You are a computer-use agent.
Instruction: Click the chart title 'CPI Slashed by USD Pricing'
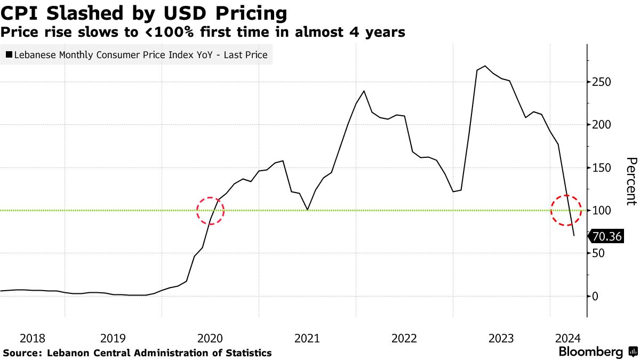point(143,12)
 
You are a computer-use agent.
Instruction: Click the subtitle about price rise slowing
point(203,33)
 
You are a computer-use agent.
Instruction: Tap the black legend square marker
point(9,54)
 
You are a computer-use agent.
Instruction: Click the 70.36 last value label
point(606,236)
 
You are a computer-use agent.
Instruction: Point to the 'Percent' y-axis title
point(631,181)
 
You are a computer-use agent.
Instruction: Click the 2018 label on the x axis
point(33,338)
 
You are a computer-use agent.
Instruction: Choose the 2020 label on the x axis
point(210,338)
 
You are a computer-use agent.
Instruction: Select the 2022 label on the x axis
point(404,338)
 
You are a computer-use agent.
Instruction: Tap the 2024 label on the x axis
point(568,338)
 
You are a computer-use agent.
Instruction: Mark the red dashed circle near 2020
point(210,210)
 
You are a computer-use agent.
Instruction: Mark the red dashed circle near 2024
point(567,210)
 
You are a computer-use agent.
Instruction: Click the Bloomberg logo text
point(590,352)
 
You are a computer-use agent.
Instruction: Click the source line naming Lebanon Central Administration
point(138,353)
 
